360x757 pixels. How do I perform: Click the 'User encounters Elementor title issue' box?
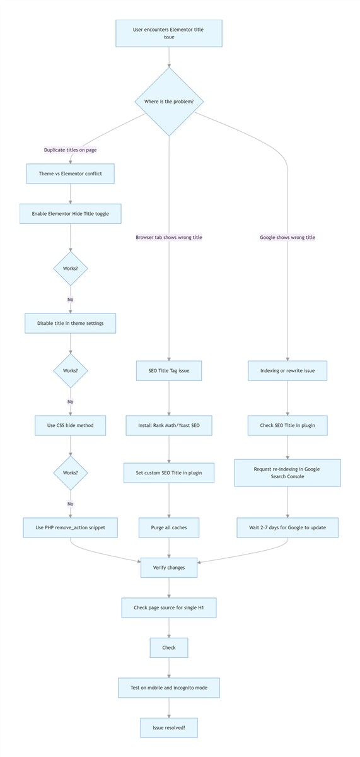tap(169, 33)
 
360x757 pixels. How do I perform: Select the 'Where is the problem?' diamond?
tap(169, 102)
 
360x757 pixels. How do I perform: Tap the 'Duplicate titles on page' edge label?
tap(70, 150)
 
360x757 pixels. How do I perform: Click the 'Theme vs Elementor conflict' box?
tap(70, 173)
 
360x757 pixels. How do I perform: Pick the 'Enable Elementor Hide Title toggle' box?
tap(70, 214)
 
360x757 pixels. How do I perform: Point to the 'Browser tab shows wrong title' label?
tap(169, 237)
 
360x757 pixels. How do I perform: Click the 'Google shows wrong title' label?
tap(287, 237)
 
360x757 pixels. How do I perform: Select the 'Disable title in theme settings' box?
tap(70, 323)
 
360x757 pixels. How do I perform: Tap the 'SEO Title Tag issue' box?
tap(169, 371)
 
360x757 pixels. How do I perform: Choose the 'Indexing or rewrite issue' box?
tap(287, 371)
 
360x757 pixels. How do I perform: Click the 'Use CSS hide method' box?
tap(70, 425)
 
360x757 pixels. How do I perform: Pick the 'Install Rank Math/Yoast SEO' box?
tap(169, 425)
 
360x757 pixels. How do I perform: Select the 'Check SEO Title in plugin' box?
tap(287, 425)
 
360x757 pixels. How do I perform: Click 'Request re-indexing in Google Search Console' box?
tap(287, 472)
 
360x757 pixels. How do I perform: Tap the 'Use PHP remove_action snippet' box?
tap(70, 527)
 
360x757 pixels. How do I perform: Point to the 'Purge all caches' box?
tap(169, 527)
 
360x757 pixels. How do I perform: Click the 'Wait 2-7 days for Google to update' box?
tap(287, 527)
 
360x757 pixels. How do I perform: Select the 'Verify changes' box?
tap(169, 568)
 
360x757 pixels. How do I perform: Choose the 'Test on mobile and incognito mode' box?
tap(169, 688)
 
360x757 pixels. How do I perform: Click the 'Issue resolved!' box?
tap(169, 727)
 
